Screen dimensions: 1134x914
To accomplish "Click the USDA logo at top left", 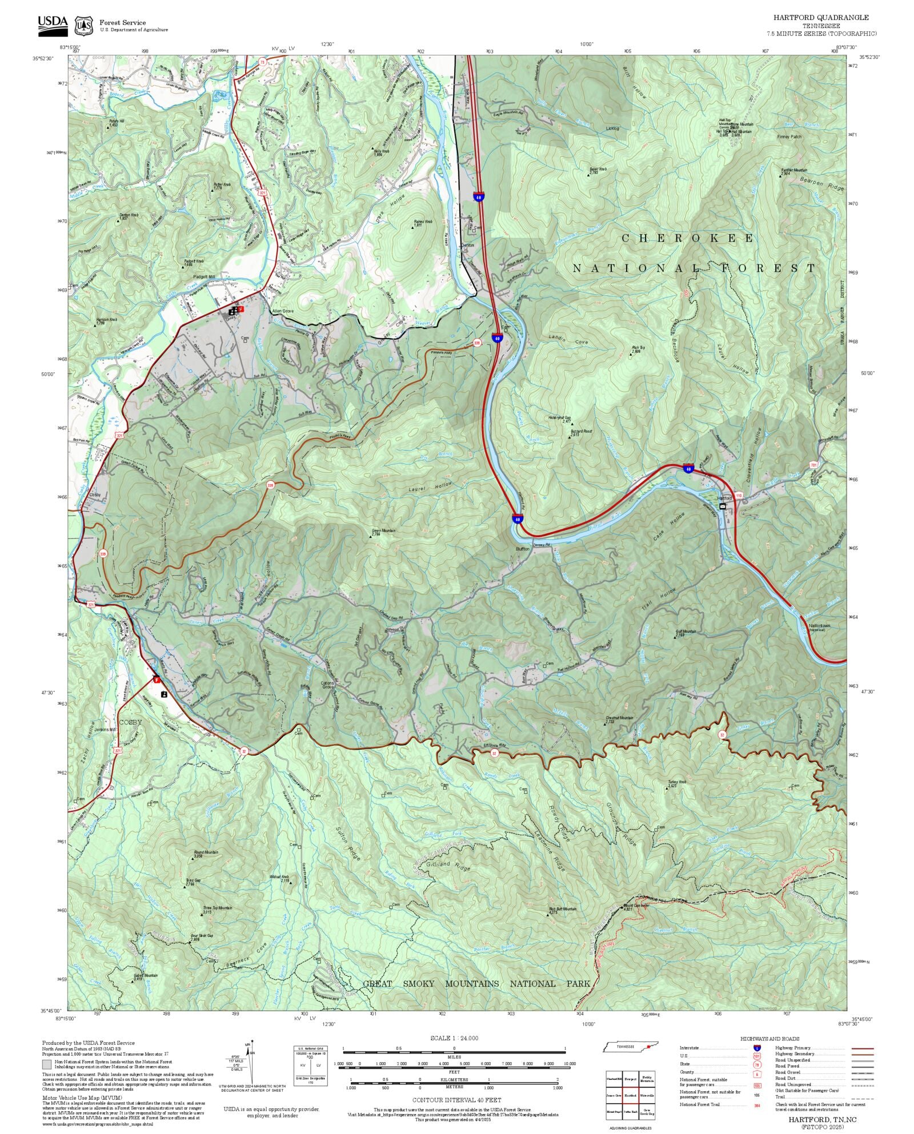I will click(x=53, y=26).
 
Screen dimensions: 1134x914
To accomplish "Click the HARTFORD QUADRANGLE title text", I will click(x=821, y=18).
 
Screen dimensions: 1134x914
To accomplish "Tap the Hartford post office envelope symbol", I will click(x=723, y=506).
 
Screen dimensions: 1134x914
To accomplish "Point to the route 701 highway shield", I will click(x=813, y=465).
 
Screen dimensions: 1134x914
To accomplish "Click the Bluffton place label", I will click(x=523, y=549).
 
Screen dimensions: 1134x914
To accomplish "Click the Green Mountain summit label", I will click(x=383, y=531).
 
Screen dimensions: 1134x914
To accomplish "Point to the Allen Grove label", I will click(x=282, y=311).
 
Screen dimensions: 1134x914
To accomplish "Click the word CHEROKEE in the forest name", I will click(x=687, y=239).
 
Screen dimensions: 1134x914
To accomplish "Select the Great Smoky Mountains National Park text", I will click(x=476, y=983).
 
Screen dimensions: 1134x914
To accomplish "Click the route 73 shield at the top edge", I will click(x=262, y=61).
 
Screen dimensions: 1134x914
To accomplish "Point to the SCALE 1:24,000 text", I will click(x=454, y=1038).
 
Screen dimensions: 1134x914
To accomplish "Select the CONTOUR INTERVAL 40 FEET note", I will click(x=456, y=1100).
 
